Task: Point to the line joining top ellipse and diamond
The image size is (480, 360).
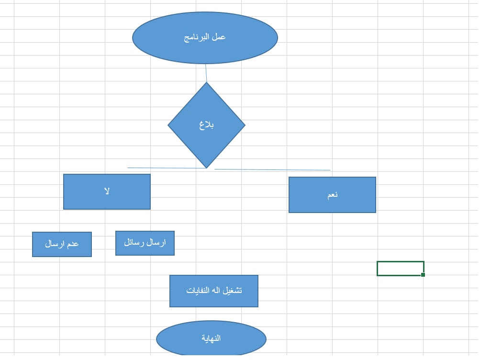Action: (206, 73)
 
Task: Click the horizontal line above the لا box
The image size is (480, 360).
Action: (163, 168)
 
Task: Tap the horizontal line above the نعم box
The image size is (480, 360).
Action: (273, 169)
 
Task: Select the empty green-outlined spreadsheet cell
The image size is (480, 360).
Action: (400, 268)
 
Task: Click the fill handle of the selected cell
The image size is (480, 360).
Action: (423, 275)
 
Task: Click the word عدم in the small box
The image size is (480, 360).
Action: (73, 244)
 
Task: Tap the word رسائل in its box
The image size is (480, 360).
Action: (134, 243)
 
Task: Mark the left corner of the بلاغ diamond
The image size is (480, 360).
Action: (169, 125)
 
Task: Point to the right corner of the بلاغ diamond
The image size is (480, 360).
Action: (244, 125)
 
